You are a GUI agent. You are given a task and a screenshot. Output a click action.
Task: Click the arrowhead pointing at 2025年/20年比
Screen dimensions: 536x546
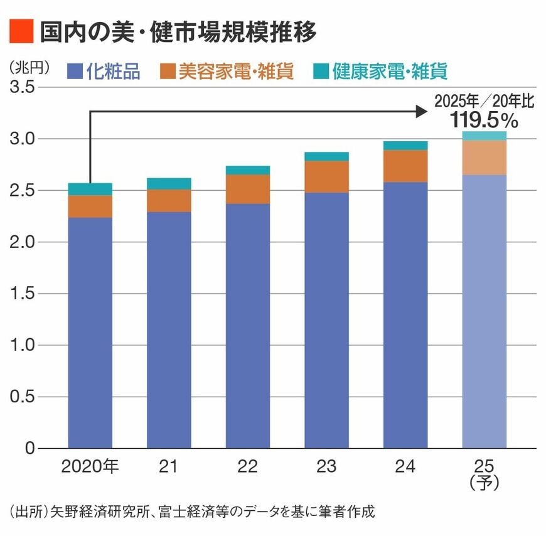pyautogui.click(x=421, y=111)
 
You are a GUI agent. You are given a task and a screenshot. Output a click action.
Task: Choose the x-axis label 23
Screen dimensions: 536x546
pyautogui.click(x=326, y=467)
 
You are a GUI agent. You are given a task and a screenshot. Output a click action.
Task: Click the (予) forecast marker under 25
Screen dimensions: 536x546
pyautogui.click(x=484, y=482)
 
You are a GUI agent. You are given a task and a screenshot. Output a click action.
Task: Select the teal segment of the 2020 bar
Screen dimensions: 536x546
pyautogui.click(x=90, y=189)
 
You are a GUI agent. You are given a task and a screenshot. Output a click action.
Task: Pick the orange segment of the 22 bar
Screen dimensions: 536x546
pyautogui.click(x=248, y=189)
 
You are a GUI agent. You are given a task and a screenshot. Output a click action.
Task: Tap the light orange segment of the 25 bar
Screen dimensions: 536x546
pyautogui.click(x=484, y=158)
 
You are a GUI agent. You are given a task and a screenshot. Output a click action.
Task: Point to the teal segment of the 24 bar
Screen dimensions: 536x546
pyautogui.click(x=405, y=146)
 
